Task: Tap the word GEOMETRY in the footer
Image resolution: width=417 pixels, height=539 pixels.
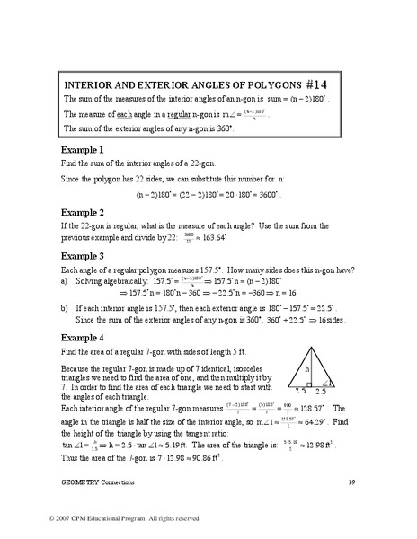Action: click(x=82, y=484)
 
